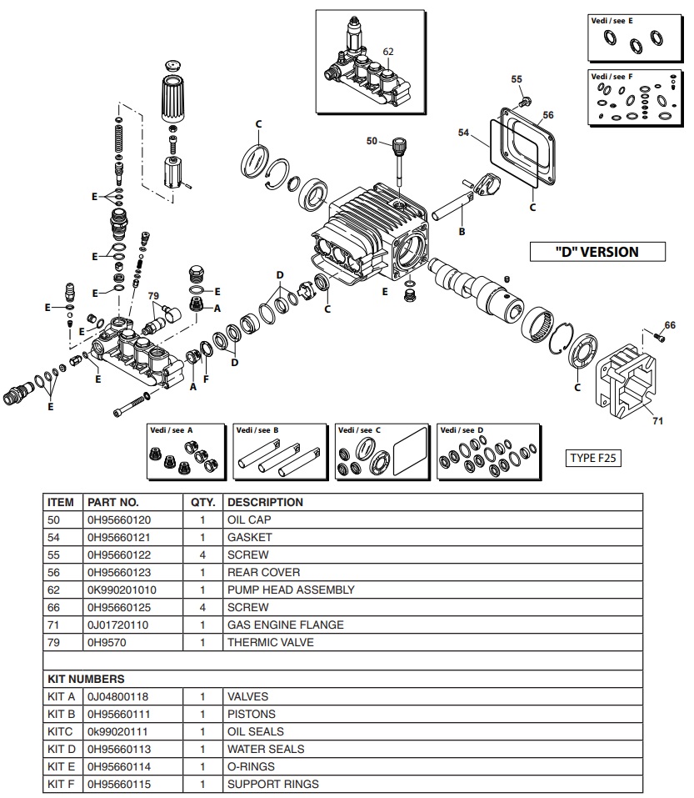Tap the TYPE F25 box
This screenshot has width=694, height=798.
coord(595,458)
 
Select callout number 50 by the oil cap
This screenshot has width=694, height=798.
coord(372,142)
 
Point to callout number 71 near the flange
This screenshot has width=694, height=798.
coord(657,420)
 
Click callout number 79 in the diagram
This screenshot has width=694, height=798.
coord(153,296)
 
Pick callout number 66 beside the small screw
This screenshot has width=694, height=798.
coord(670,324)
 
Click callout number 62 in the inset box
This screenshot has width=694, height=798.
coord(387,52)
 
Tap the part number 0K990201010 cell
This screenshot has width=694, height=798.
coord(122,590)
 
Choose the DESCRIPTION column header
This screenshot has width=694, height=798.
coord(265,503)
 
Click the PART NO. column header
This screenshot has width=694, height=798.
coord(113,503)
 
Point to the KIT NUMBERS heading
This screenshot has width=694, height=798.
coord(86,679)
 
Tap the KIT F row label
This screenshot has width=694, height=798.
coord(62,784)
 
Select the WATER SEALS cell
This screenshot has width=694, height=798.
coord(266,749)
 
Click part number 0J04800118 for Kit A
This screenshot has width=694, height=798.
coord(119,696)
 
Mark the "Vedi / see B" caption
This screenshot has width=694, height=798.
coord(257,430)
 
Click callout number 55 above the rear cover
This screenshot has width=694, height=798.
coord(517,79)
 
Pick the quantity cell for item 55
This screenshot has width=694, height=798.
coord(202,555)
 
